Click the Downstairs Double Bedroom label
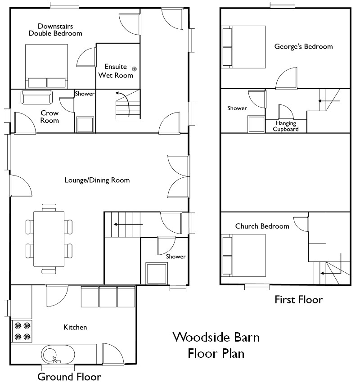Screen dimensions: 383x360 point(55,30)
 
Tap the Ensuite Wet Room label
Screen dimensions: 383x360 point(116,71)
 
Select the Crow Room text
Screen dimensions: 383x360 point(49,117)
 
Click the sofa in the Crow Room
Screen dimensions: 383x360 point(37,96)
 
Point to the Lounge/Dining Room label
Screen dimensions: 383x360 point(97,180)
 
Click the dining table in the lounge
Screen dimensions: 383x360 point(49,238)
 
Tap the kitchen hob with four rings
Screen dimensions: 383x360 point(22,330)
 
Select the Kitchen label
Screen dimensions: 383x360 point(75,327)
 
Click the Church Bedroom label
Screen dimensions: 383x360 point(262,226)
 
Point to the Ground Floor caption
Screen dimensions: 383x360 point(69,376)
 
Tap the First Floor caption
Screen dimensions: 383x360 point(298,300)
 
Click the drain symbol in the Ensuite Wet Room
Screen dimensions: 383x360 point(134,68)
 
